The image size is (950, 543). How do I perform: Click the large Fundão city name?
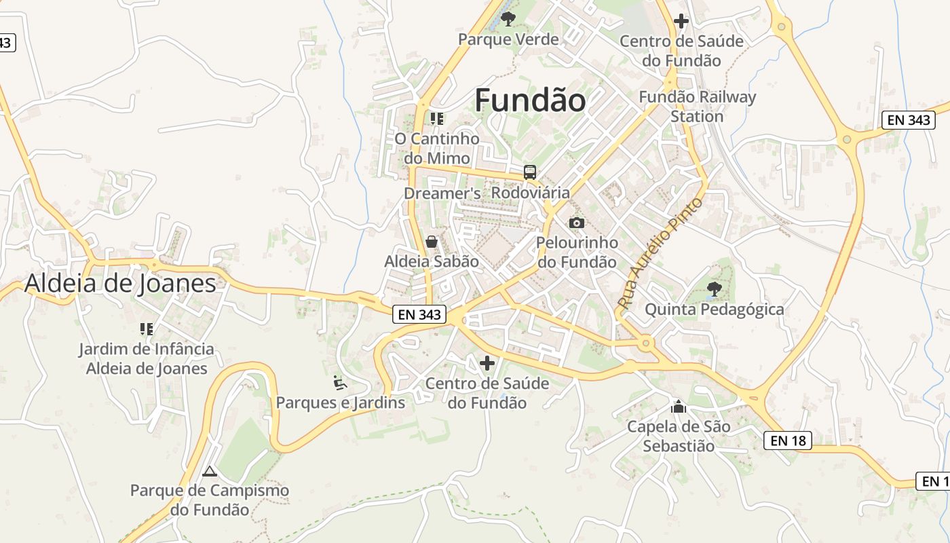pos(530,100)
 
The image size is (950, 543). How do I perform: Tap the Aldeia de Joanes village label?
pos(120,283)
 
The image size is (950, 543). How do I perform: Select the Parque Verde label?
pos(508,39)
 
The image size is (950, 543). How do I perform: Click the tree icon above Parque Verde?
pos(508,18)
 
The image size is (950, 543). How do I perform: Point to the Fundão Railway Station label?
pos(697,107)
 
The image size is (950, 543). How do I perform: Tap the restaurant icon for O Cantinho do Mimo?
pos(437,119)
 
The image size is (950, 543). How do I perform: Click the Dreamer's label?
pos(442,193)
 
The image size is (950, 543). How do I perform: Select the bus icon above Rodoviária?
pos(530,172)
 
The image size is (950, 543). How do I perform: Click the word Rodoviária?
pos(531,193)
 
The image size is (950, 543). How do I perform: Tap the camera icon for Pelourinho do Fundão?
pos(576,223)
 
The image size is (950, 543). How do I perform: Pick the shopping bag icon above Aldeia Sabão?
pos(431,241)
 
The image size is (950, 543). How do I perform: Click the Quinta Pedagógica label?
pos(714,310)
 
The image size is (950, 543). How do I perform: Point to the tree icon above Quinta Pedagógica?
pos(714,289)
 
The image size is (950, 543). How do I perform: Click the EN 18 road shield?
pos(788,441)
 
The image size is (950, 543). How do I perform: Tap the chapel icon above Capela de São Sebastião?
pos(678,407)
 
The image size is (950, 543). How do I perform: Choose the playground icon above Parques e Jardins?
pos(340,383)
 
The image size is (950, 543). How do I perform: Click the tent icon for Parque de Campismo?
pos(210,470)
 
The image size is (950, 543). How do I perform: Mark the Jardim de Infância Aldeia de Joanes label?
pos(146,359)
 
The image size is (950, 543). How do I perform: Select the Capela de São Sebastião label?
pos(679,436)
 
